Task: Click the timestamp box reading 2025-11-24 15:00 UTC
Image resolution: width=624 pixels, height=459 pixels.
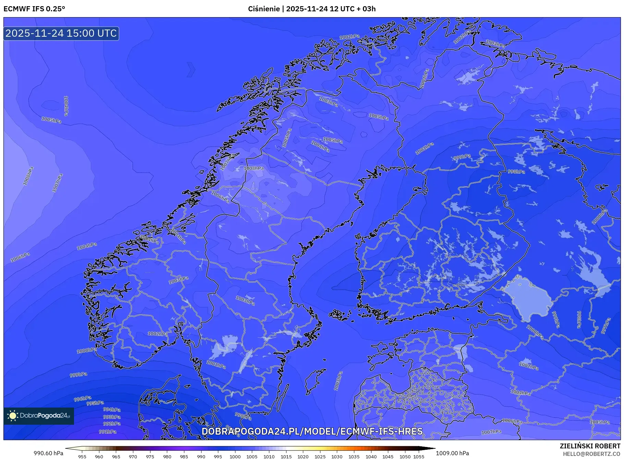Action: pyautogui.click(x=61, y=33)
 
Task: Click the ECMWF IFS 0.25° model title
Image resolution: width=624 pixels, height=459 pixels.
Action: pyautogui.click(x=34, y=9)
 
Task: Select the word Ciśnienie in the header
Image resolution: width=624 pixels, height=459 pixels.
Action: pyautogui.click(x=264, y=9)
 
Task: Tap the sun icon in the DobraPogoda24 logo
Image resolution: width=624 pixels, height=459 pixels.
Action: pyautogui.click(x=13, y=416)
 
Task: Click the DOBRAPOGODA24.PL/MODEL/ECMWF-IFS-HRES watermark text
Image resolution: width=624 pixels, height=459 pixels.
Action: pyautogui.click(x=312, y=431)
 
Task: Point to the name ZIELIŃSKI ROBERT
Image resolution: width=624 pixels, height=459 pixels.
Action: pyautogui.click(x=590, y=446)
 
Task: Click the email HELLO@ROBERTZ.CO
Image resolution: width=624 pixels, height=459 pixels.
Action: pyautogui.click(x=591, y=454)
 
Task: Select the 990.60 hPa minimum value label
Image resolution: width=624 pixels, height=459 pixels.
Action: pyautogui.click(x=48, y=453)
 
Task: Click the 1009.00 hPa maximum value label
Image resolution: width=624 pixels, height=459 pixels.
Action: pyautogui.click(x=452, y=453)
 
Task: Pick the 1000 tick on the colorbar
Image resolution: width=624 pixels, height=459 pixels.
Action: pyautogui.click(x=235, y=457)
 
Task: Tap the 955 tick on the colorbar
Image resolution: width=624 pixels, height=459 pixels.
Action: pyautogui.click(x=82, y=457)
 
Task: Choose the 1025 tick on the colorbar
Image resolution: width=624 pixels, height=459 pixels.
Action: pyautogui.click(x=320, y=457)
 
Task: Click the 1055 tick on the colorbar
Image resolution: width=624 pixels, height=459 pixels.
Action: pyautogui.click(x=419, y=457)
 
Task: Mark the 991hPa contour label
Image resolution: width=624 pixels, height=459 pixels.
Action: pyautogui.click(x=108, y=432)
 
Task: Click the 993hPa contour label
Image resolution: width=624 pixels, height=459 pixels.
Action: pyautogui.click(x=112, y=417)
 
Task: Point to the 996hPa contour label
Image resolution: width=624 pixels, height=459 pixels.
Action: pyautogui.click(x=83, y=399)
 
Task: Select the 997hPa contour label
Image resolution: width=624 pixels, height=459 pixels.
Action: pyautogui.click(x=606, y=326)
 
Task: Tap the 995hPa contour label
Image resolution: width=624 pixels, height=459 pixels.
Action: pyautogui.click(x=95, y=403)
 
